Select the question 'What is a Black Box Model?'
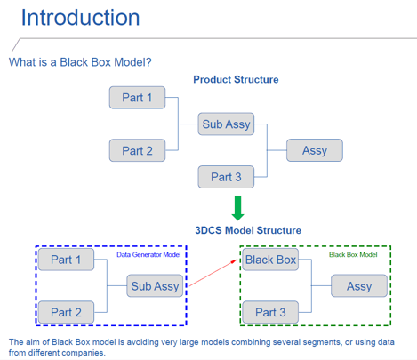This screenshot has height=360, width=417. tap(80, 62)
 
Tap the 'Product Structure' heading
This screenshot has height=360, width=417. tap(236, 80)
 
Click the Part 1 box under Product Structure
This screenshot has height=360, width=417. tap(137, 98)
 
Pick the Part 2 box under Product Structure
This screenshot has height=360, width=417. tap(137, 150)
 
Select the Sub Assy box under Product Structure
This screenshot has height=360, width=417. tap(226, 124)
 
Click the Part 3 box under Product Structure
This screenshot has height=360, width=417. tap(226, 176)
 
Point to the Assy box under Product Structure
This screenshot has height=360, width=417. tap(315, 150)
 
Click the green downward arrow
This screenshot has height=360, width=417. tap(237, 207)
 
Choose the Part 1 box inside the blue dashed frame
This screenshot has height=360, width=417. tap(66, 260)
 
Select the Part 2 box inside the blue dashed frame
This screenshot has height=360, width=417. tap(66, 312)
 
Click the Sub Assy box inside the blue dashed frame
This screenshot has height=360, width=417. tap(155, 286)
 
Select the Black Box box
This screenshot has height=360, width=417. tap(269, 260)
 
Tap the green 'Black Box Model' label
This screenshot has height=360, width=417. tap(353, 255)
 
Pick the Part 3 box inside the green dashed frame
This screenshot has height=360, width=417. tap(269, 312)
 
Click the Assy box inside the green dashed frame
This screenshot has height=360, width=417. tap(359, 286)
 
